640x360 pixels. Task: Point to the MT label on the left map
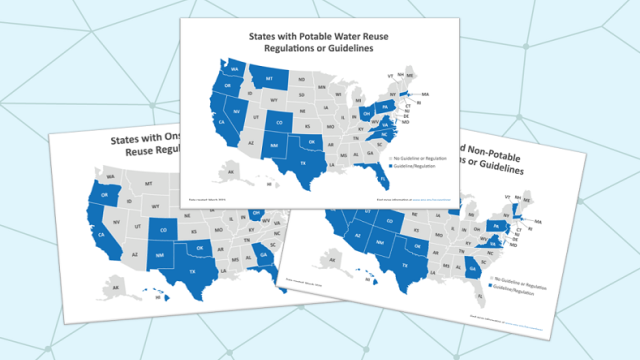pyautogui.click(x=148, y=185)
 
